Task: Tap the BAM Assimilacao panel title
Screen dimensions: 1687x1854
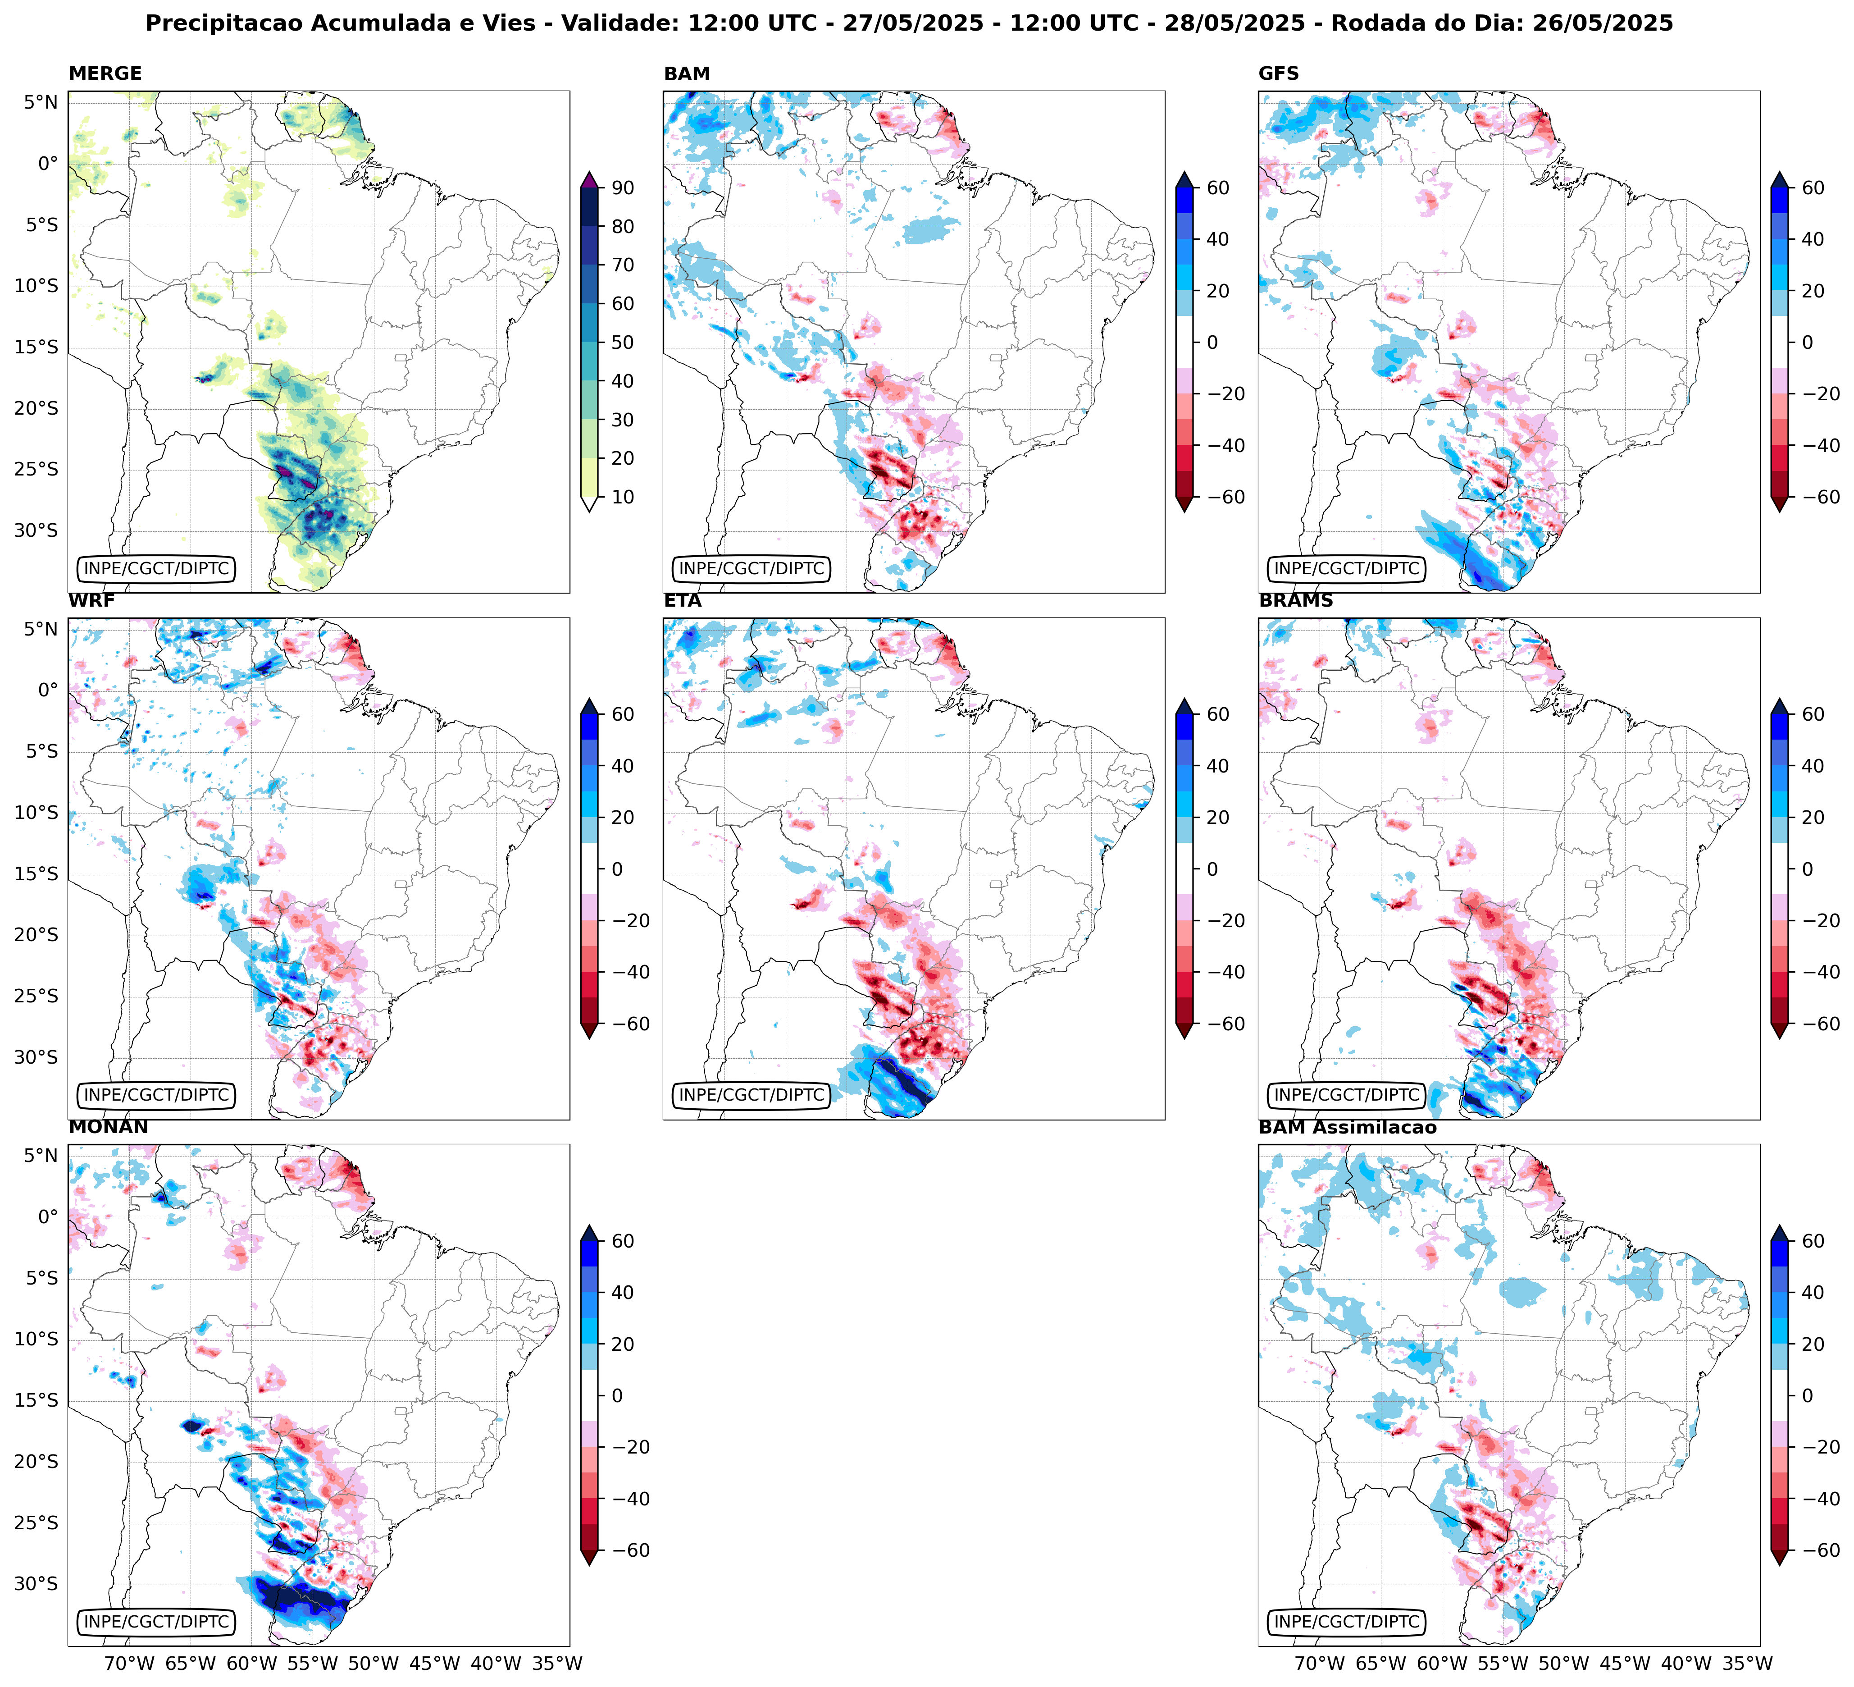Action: coord(1347,1128)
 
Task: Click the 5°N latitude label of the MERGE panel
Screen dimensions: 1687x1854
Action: coord(41,102)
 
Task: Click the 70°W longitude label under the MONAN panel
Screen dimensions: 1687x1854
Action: coord(129,1663)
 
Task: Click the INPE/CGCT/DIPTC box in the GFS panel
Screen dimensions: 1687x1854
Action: coord(1346,568)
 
